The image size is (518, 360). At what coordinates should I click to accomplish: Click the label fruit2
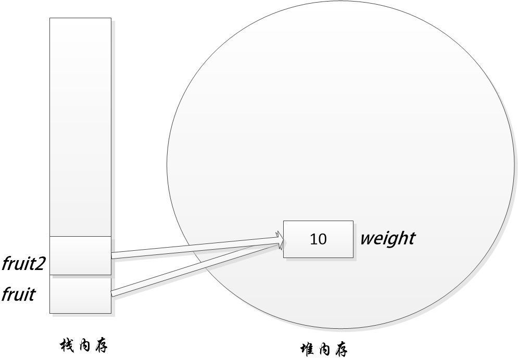click(x=24, y=264)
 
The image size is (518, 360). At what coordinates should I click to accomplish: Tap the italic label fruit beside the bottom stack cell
click(x=18, y=295)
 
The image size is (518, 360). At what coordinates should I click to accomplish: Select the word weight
click(x=387, y=239)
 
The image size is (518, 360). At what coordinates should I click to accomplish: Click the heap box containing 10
click(x=318, y=239)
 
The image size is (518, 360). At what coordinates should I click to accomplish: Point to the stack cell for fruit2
click(x=80, y=255)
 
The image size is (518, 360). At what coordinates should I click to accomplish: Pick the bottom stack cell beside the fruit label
click(x=80, y=294)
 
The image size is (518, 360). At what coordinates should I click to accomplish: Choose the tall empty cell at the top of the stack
click(x=80, y=127)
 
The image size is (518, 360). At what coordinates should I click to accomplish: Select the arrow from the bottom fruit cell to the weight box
click(x=193, y=269)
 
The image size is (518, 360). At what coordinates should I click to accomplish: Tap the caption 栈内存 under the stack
click(x=84, y=345)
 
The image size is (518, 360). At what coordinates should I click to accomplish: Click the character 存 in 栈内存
click(x=100, y=345)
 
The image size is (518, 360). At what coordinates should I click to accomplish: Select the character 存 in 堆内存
click(x=340, y=349)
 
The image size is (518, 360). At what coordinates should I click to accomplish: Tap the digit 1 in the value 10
click(x=313, y=239)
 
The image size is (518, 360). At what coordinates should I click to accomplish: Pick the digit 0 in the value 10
click(x=322, y=239)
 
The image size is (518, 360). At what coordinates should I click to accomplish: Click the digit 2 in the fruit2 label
click(x=41, y=264)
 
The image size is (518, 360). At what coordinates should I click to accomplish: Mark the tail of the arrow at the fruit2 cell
click(x=113, y=255)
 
